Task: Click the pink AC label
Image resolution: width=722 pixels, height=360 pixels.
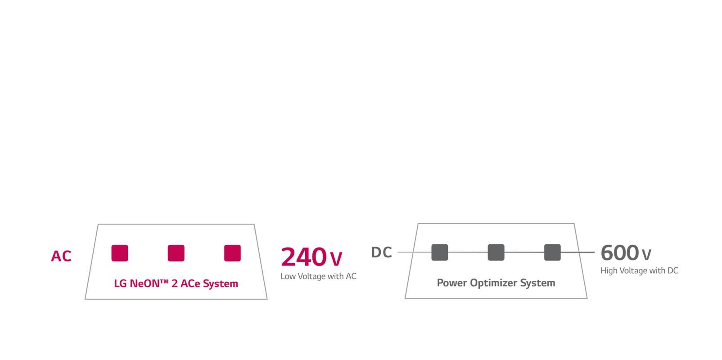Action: pyautogui.click(x=61, y=256)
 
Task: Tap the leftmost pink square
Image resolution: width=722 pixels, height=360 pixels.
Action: pyautogui.click(x=120, y=253)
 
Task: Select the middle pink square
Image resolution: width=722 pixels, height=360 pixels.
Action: pyautogui.click(x=176, y=253)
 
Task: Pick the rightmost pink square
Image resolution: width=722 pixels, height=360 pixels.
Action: pyautogui.click(x=232, y=253)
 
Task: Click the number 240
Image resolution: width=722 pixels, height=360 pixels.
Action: pyautogui.click(x=304, y=257)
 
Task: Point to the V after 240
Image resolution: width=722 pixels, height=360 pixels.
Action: pyautogui.click(x=336, y=259)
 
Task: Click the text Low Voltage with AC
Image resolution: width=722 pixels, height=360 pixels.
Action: pyautogui.click(x=318, y=276)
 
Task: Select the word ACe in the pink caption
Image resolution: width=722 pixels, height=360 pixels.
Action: pyautogui.click(x=190, y=283)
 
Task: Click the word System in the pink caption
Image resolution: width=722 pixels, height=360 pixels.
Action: pyautogui.click(x=221, y=284)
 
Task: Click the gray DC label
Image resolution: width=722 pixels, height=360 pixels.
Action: pyautogui.click(x=382, y=252)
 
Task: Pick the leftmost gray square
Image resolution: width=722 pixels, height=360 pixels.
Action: pyautogui.click(x=440, y=252)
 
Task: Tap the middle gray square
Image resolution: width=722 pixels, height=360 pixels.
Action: pyautogui.click(x=496, y=252)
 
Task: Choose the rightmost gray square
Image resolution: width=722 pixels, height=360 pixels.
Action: pyautogui.click(x=552, y=252)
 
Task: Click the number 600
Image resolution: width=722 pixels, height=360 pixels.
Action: pyautogui.click(x=620, y=252)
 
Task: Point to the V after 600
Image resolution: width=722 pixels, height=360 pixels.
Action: pyautogui.click(x=646, y=255)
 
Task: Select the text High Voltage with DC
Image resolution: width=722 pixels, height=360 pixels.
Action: pyautogui.click(x=640, y=271)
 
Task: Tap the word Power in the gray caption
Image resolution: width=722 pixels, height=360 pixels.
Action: pyautogui.click(x=452, y=283)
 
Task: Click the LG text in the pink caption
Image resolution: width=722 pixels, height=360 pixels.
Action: pyautogui.click(x=120, y=283)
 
